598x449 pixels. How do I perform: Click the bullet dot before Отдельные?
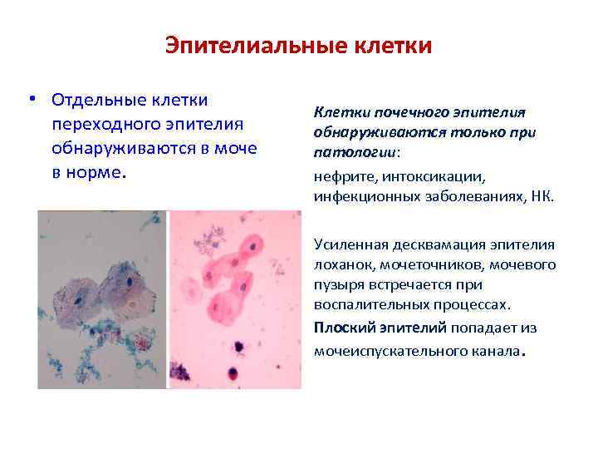pyautogui.click(x=30, y=100)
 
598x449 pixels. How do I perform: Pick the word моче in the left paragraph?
pyautogui.click(x=236, y=149)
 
